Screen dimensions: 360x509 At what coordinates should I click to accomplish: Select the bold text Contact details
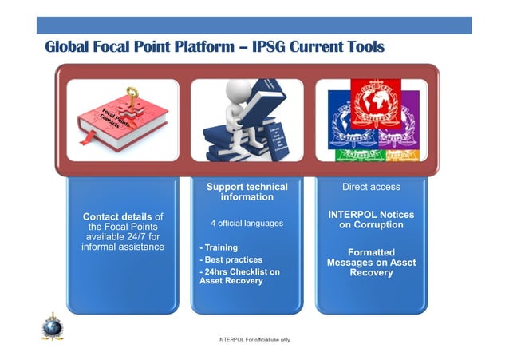[117, 216]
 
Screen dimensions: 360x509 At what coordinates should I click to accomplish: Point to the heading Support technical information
[247, 192]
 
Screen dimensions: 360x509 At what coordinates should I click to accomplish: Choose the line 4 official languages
[247, 223]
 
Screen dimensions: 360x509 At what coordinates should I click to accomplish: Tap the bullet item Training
[219, 248]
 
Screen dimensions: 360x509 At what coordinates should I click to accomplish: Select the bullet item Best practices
[231, 260]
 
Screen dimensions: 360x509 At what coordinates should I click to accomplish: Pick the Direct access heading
[371, 187]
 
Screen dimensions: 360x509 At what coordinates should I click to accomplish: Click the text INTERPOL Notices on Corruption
[371, 220]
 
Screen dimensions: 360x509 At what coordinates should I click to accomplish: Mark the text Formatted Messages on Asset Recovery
[371, 263]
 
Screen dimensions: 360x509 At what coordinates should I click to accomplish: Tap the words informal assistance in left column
[123, 247]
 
